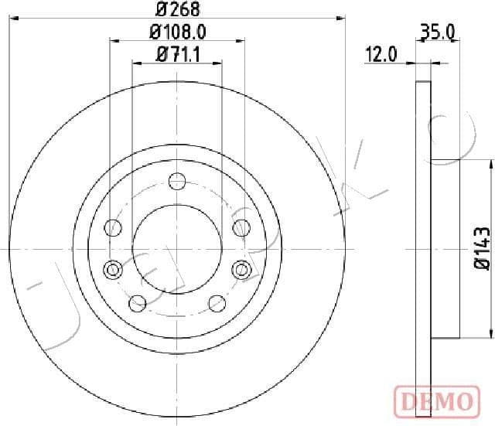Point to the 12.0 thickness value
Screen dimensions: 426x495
pos(381,54)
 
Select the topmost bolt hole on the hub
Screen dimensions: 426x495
pos(178,183)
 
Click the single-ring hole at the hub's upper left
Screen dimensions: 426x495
pos(114,227)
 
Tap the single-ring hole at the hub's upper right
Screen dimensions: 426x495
pos(241,227)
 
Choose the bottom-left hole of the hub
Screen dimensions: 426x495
pos(138,302)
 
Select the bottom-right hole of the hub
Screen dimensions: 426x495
pos(217,302)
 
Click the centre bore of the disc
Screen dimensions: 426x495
pos(177,250)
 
